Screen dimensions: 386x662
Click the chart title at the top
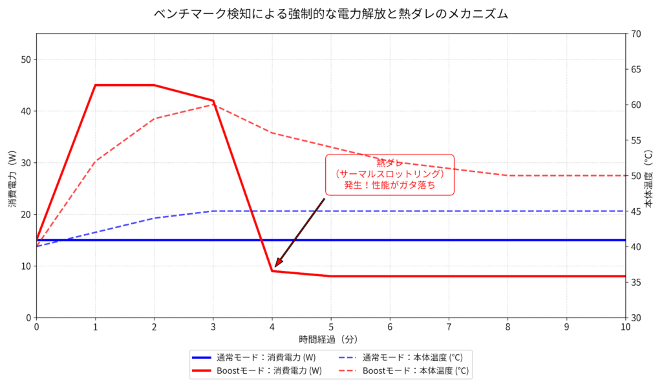tap(330, 14)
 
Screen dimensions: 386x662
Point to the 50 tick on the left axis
tap(26, 59)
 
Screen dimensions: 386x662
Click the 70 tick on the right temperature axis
tap(636, 34)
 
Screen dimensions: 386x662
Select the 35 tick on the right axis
tap(636, 282)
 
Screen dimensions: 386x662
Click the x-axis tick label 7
tap(449, 327)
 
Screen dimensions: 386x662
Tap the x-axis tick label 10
tap(626, 327)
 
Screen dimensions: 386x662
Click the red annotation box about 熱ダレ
tap(389, 175)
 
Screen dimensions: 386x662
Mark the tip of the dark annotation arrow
tap(274, 267)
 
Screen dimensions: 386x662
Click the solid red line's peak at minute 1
tap(96, 85)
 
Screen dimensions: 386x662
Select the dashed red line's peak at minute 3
tap(213, 104)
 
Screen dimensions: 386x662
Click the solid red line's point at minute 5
tap(331, 276)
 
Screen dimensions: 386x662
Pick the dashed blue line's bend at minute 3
tap(213, 211)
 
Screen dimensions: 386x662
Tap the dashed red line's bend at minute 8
tap(508, 175)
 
